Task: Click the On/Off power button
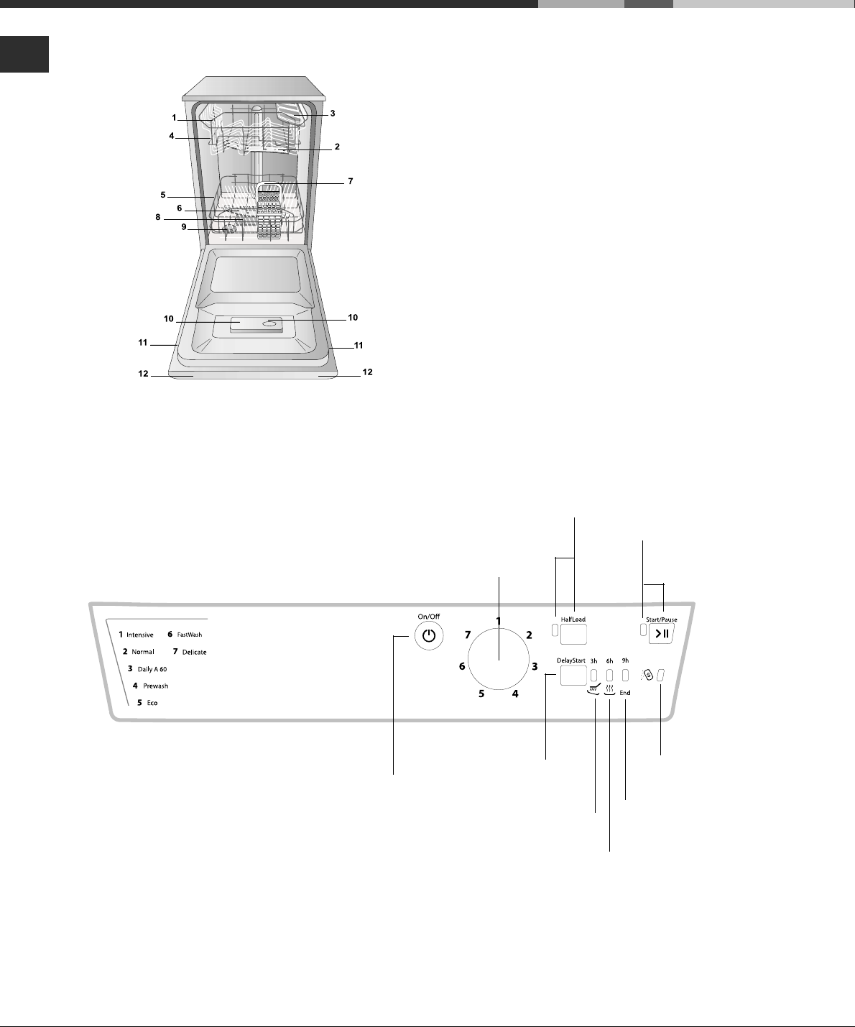pos(429,635)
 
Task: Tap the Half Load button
pos(573,634)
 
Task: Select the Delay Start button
pos(573,676)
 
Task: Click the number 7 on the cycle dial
pos(468,635)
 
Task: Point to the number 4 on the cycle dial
pos(515,694)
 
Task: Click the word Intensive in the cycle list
pos(139,635)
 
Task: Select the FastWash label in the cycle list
pos(189,635)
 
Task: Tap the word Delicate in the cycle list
pos(194,652)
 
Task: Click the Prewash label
pos(155,686)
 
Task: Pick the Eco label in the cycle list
pos(152,703)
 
